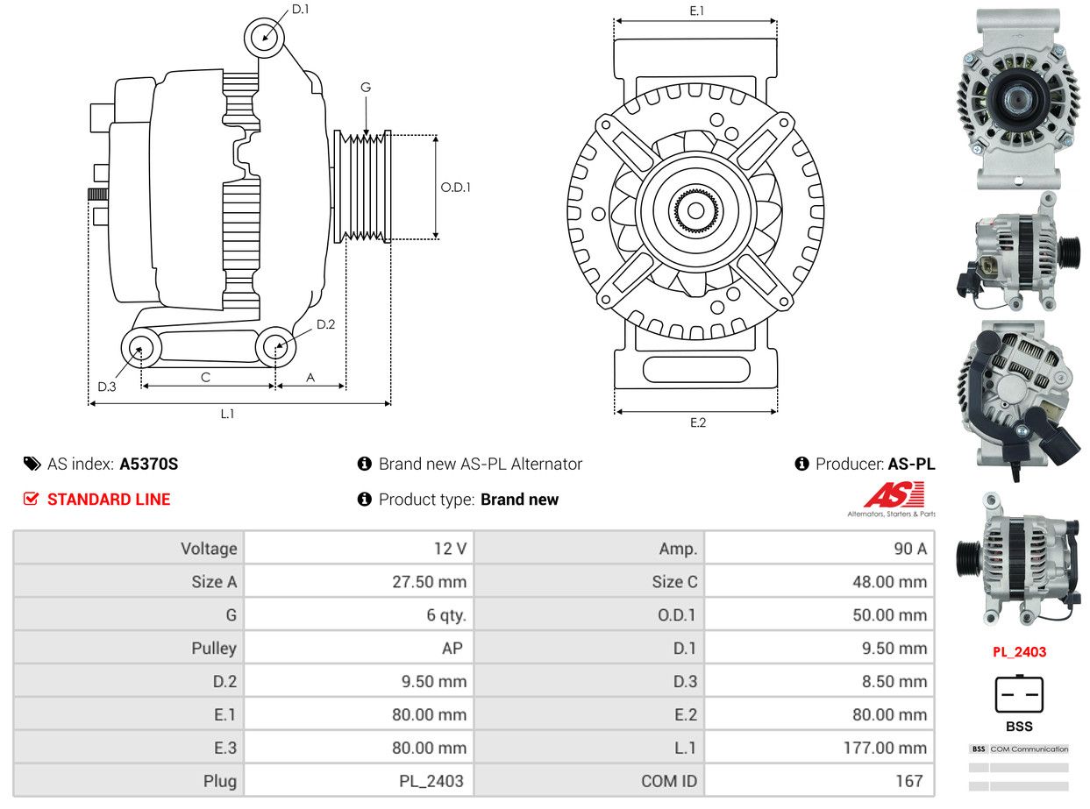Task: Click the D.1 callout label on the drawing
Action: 300,10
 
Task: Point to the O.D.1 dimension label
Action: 455,187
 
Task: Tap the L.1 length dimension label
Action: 227,414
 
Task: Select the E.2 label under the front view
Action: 697,422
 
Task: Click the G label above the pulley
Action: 366,87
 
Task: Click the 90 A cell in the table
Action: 909,549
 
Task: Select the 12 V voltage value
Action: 449,549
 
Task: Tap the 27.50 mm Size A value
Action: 429,582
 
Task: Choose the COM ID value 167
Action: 908,781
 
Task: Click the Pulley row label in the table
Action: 214,649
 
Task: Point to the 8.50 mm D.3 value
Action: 888,682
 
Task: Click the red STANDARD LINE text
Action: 109,500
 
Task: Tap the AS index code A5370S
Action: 148,464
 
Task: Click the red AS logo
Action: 894,496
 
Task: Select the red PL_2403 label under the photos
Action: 1019,652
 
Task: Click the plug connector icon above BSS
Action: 1019,695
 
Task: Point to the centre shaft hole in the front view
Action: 695,210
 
